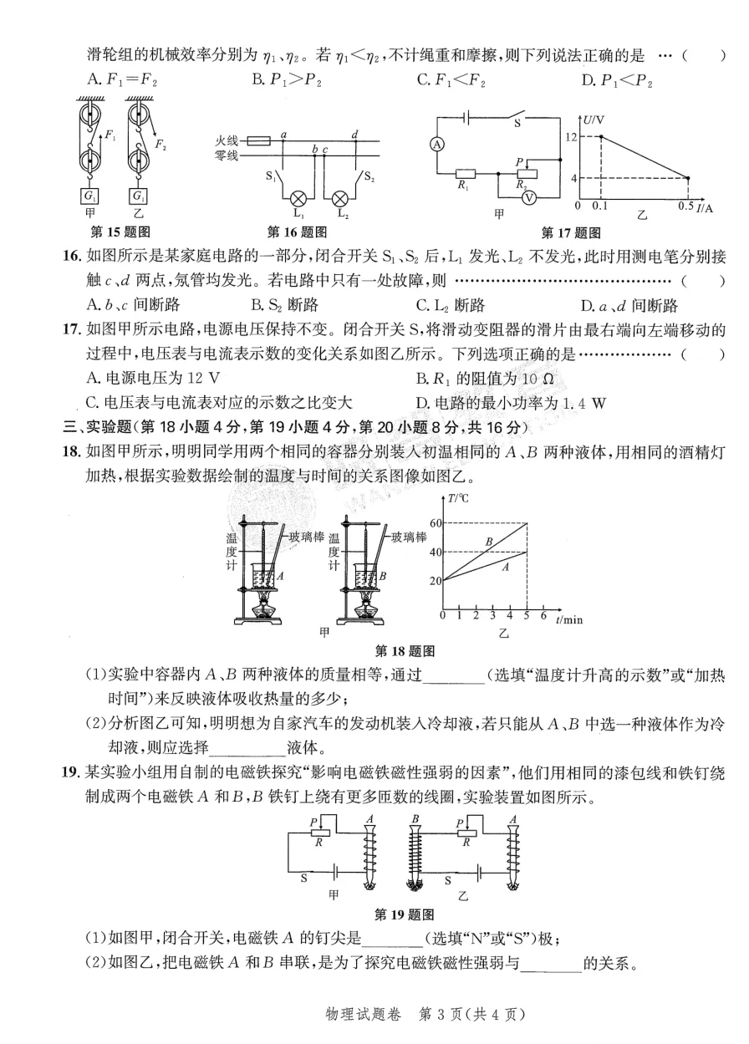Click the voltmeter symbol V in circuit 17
[x=529, y=198]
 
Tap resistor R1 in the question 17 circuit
[x=465, y=175]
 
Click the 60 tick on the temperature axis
[x=434, y=523]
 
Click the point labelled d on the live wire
[x=355, y=135]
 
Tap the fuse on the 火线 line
[x=259, y=142]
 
